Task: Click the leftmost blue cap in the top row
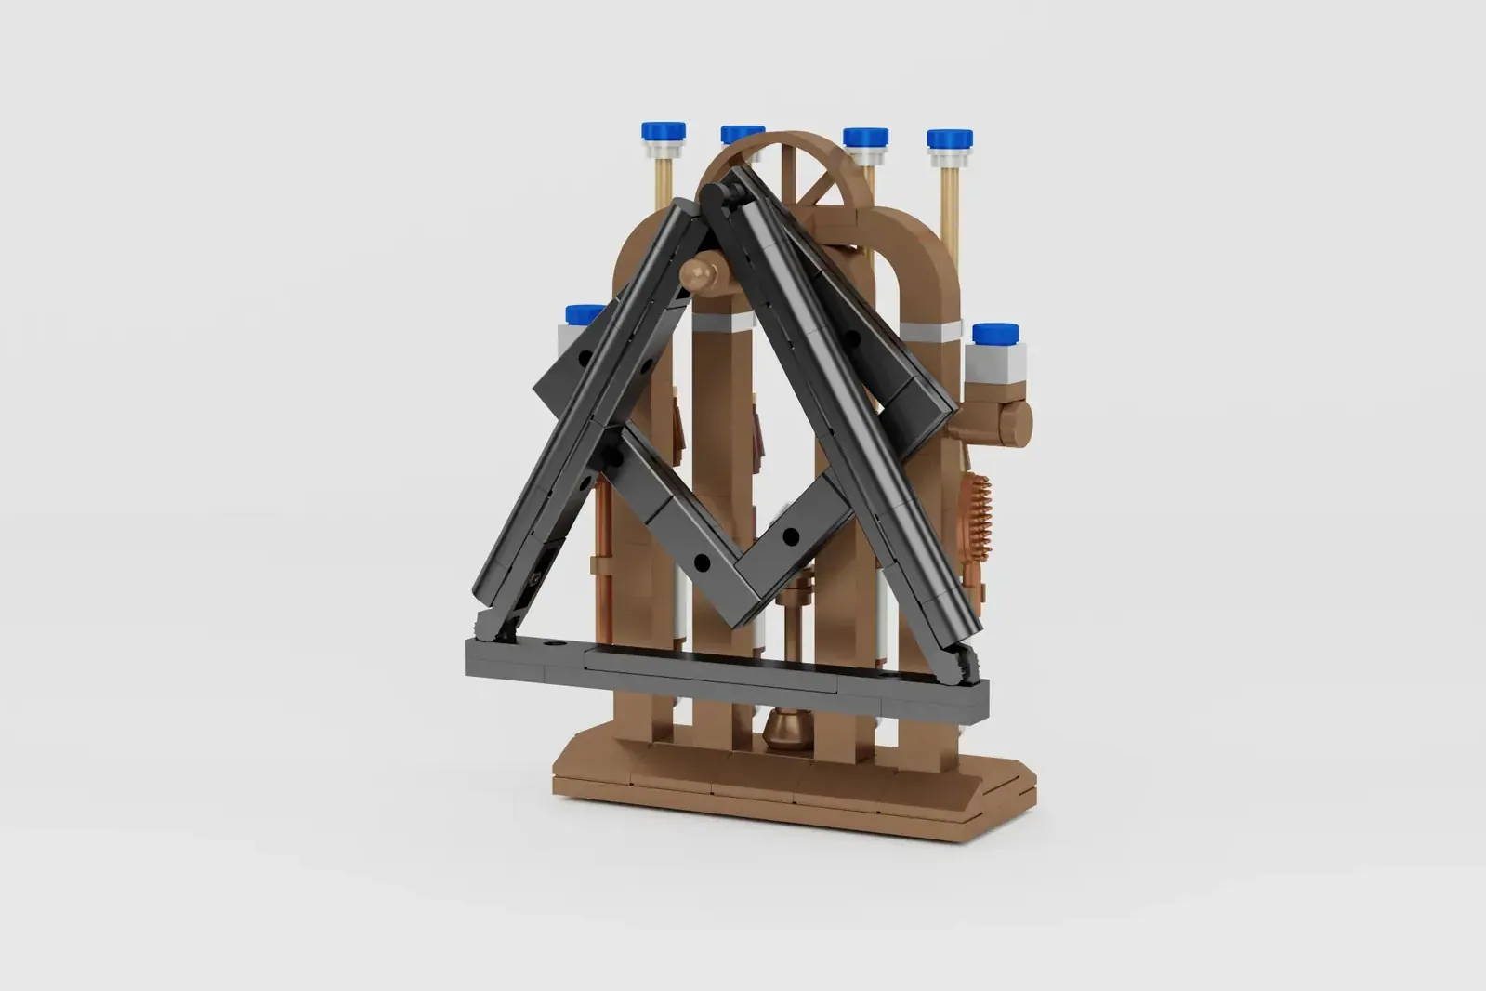(x=663, y=131)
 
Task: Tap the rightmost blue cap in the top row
(x=950, y=139)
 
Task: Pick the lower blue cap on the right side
(x=995, y=333)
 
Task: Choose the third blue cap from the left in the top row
(x=865, y=139)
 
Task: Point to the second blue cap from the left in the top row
(x=742, y=134)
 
